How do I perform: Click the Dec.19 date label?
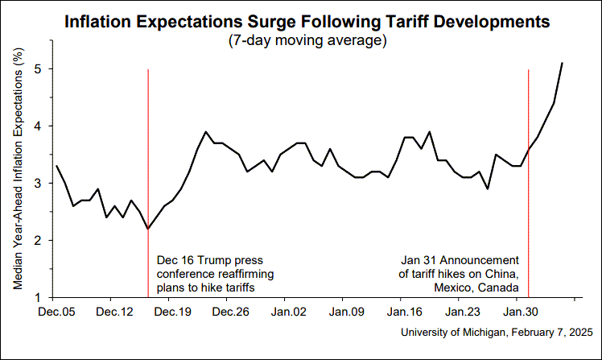tap(172, 310)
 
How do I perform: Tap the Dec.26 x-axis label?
tap(230, 310)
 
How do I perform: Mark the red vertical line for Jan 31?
tap(528, 201)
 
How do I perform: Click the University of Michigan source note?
tap(496, 332)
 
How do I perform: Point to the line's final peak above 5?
tap(562, 63)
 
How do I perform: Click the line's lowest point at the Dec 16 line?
tap(148, 229)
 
